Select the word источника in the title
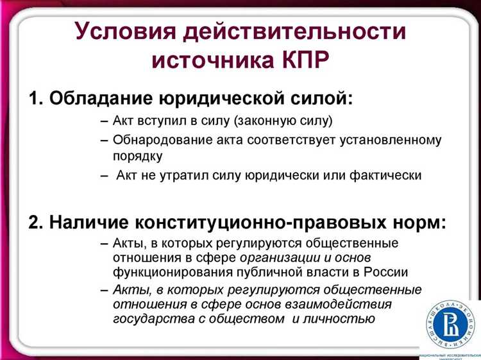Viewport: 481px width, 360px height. (210, 61)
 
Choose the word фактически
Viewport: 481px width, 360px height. (389, 175)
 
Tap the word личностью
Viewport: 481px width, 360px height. (343, 318)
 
